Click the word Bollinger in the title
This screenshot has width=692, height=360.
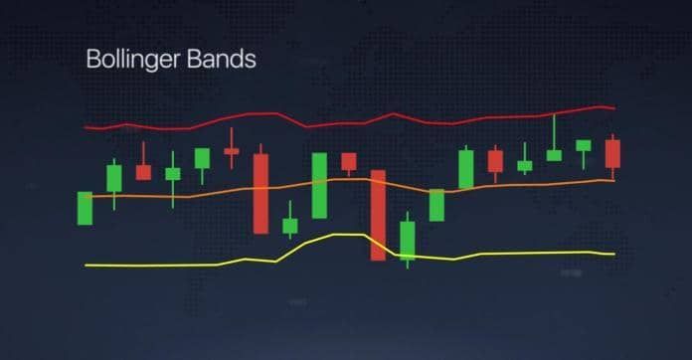129,60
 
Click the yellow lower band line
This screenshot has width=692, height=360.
149,265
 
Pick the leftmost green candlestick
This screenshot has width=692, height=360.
85,208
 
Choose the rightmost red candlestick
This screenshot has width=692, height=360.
612,154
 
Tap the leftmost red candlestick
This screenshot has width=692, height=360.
143,172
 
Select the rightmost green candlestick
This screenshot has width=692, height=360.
584,145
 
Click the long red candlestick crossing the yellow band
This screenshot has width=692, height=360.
378,215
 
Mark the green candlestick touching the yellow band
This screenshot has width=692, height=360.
407,241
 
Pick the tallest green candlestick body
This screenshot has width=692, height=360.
319,185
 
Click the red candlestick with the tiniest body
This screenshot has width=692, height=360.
232,151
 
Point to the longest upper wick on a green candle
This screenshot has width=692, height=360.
554,131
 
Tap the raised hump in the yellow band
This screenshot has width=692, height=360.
338,236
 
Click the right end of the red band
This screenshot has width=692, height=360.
613,107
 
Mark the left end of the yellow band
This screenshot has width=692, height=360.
87,265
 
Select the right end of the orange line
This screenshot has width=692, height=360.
612,180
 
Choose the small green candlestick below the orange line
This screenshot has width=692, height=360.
289,226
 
